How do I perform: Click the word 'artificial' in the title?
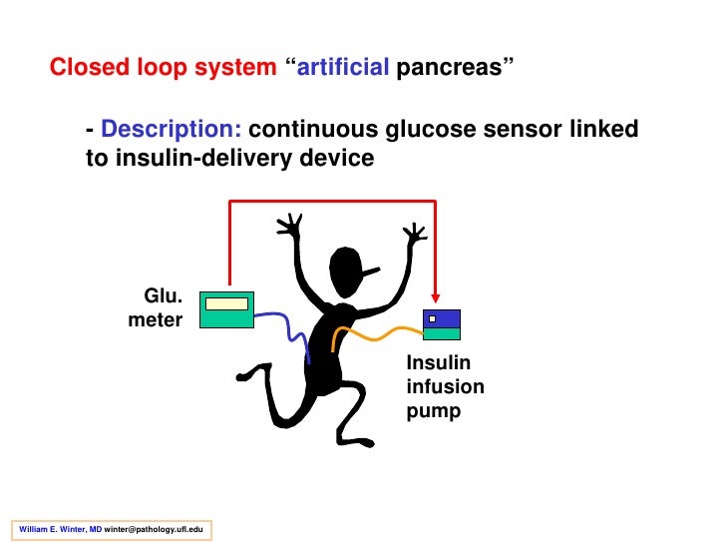click(344, 69)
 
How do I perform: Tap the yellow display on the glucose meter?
click(226, 303)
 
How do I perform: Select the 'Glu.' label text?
click(163, 295)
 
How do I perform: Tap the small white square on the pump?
click(432, 319)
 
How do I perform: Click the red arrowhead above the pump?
click(435, 297)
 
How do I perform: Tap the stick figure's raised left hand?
click(290, 227)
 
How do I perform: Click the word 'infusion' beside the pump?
click(445, 386)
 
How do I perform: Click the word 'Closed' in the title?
click(86, 69)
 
